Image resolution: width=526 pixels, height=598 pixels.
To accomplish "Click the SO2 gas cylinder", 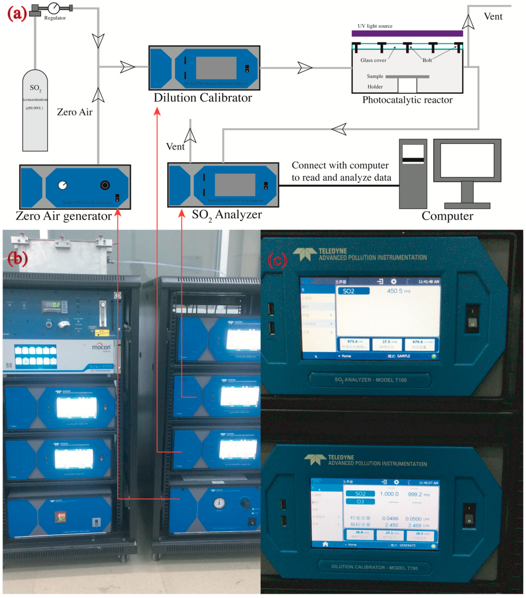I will [x=35, y=111].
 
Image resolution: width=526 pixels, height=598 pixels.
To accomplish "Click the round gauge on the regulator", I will [x=54, y=8].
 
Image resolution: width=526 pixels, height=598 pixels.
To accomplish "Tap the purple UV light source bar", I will [x=407, y=33].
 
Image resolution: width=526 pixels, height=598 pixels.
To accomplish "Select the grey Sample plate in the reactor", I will [x=407, y=77].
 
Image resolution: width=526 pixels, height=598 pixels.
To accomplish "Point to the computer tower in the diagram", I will [x=413, y=174].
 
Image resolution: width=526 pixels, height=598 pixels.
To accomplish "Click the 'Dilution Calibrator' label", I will [x=203, y=98].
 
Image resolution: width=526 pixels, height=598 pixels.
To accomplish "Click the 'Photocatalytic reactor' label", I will [x=407, y=100].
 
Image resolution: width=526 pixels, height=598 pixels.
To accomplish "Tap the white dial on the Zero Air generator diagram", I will [x=63, y=185].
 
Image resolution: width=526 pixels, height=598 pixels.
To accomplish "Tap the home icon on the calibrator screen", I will [x=325, y=544].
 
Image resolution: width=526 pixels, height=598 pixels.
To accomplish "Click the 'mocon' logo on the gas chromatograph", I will [x=101, y=347].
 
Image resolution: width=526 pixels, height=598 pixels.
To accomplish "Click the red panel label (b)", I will [x=18, y=259].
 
